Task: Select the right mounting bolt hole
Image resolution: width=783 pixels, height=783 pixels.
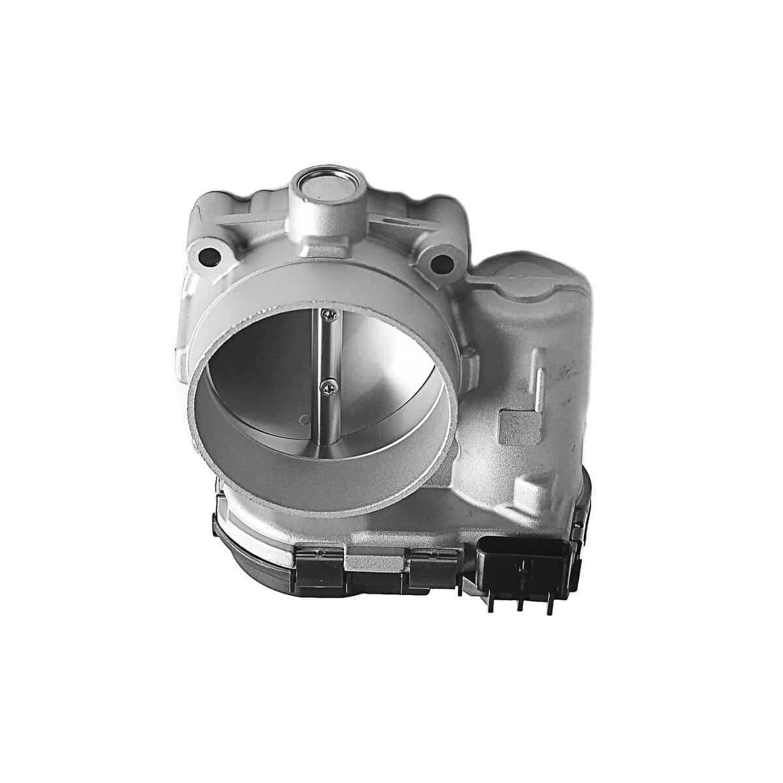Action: (442, 264)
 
